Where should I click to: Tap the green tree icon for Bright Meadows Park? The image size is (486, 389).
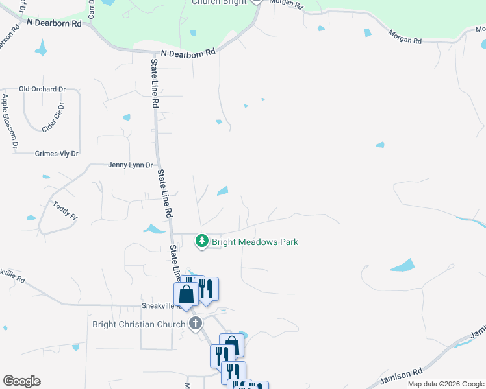[202, 241]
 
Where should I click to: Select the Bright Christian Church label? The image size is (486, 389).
[138, 324]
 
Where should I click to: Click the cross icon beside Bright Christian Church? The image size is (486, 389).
[194, 324]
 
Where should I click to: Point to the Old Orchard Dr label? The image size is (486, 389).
[43, 89]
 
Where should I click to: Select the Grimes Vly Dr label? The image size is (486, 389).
[56, 154]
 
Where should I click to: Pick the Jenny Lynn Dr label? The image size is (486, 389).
[130, 165]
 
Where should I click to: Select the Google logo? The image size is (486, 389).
[22, 381]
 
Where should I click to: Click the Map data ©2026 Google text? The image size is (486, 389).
[445, 384]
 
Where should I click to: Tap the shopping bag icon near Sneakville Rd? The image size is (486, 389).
[186, 294]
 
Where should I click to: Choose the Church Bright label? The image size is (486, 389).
[220, 3]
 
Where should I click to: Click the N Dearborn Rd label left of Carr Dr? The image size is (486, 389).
[55, 22]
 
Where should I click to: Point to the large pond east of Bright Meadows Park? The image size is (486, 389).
[402, 265]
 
